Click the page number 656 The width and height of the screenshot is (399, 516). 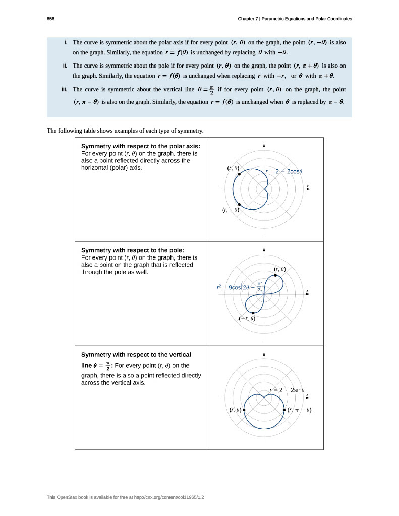(x=50, y=19)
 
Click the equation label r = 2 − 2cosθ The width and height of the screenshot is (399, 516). (x=283, y=171)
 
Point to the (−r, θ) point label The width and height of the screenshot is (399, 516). (x=247, y=319)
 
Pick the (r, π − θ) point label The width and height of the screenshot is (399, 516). (x=299, y=410)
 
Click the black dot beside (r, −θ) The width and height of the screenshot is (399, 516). (x=239, y=204)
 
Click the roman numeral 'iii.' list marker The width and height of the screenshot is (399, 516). (x=64, y=90)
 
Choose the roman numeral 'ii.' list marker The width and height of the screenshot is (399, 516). (x=65, y=66)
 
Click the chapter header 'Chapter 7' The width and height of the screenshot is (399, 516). (x=249, y=19)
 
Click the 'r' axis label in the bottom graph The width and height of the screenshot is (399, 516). (x=308, y=395)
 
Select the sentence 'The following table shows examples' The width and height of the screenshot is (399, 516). (x=125, y=131)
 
